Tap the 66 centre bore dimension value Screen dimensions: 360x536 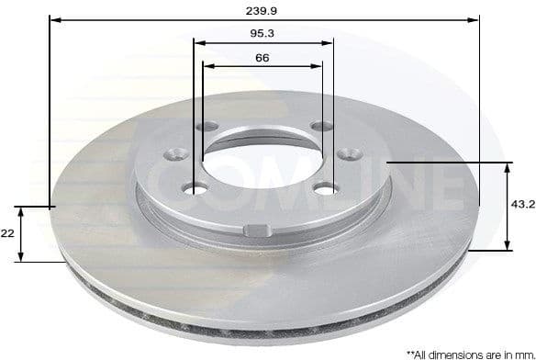pos(262,58)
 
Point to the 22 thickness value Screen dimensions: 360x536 pos(7,234)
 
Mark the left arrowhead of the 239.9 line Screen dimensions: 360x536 pos(53,18)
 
